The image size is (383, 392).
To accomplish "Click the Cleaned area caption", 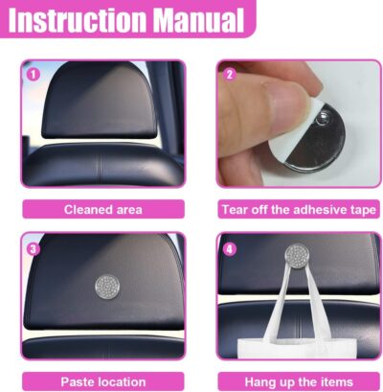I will click(x=102, y=209).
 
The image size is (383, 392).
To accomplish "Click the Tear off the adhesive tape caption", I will click(x=298, y=209).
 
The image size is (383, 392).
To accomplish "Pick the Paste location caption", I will click(x=102, y=380).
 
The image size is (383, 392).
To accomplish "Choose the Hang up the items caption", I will click(x=298, y=380).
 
